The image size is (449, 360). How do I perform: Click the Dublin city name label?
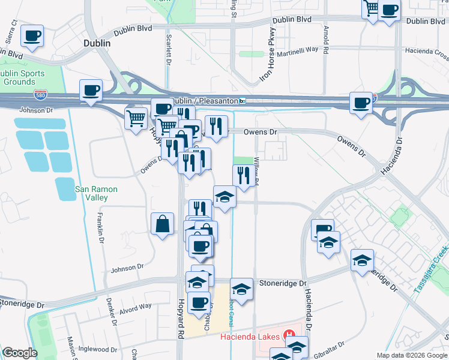tap(97, 44)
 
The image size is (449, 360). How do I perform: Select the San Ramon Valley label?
tap(96, 193)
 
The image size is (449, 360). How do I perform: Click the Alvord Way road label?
tap(135, 306)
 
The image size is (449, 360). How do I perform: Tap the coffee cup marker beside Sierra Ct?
tap(32, 35)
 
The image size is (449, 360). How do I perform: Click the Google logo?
tap(20, 353)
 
